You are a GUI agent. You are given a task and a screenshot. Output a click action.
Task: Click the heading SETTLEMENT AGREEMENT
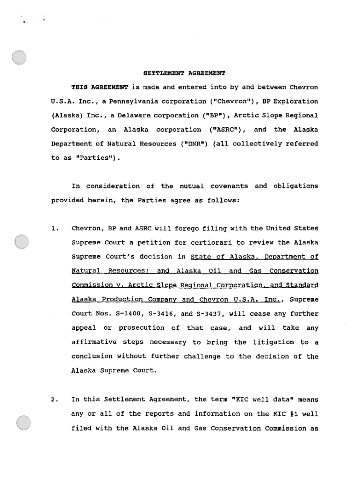point(184,73)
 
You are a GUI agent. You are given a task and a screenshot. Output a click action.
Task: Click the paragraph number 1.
point(55,229)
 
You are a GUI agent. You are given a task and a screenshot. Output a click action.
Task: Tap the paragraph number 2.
point(55,399)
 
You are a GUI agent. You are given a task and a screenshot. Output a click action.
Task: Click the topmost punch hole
point(20,57)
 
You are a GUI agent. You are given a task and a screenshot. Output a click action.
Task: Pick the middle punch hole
point(22,241)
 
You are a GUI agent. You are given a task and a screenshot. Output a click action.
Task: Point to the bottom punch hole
point(23,424)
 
